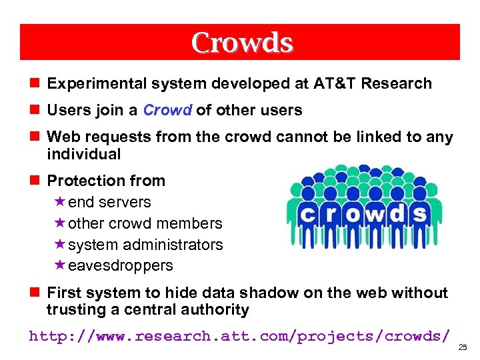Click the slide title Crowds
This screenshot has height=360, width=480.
[241, 43]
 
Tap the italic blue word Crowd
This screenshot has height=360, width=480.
[167, 110]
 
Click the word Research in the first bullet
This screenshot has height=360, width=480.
[396, 83]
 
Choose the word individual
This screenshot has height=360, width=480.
[83, 154]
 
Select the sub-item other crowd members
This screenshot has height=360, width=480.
[145, 223]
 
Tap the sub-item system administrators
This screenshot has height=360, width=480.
[145, 245]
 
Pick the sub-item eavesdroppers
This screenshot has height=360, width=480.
[120, 265]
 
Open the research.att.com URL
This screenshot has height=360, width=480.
[239, 335]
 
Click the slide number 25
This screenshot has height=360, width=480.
[464, 348]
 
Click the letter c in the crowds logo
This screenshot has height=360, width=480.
[305, 214]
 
